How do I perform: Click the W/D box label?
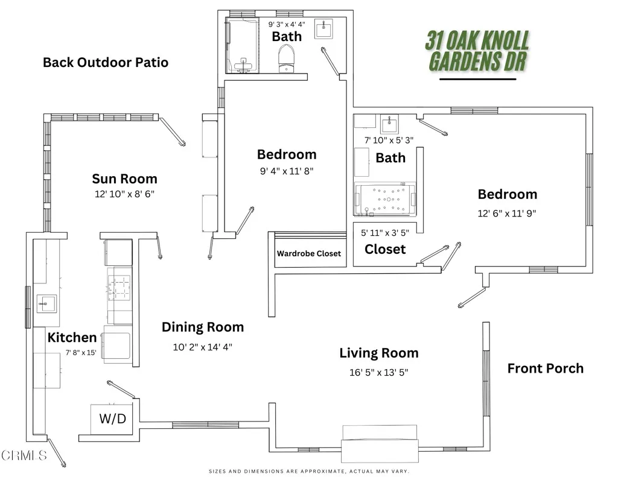click(x=112, y=418)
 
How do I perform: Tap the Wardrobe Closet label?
click(x=308, y=253)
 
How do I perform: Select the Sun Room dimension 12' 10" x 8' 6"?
click(x=124, y=194)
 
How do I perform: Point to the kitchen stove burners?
click(x=119, y=284)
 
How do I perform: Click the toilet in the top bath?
click(x=286, y=59)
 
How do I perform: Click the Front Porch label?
click(x=545, y=368)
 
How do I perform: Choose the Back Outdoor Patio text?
click(x=106, y=62)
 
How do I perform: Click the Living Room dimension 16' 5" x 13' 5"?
click(x=378, y=372)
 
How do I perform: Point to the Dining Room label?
click(x=203, y=327)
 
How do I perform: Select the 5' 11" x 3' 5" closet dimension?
click(x=384, y=232)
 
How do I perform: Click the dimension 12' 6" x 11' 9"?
click(x=507, y=213)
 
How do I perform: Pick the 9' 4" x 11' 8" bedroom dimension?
click(x=287, y=171)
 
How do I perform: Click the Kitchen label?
click(x=72, y=337)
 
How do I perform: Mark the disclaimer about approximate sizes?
click(x=309, y=471)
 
